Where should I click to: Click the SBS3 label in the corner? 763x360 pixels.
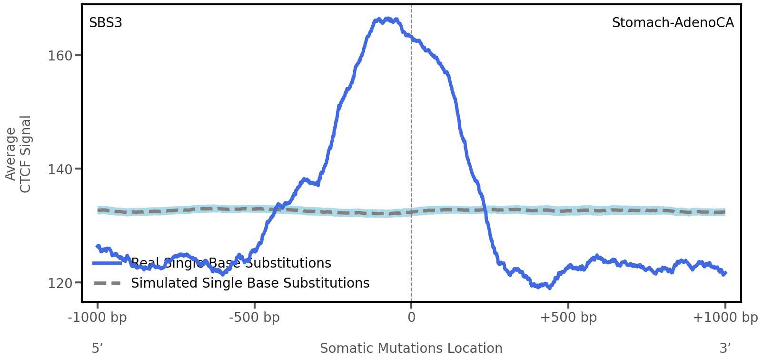(106, 23)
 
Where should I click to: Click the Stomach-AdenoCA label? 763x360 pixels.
(673, 23)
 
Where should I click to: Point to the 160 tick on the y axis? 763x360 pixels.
(60, 56)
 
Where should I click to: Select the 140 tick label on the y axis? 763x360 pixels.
(60, 170)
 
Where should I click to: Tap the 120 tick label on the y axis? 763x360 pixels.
(60, 283)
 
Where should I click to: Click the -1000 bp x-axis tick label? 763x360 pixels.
(98, 318)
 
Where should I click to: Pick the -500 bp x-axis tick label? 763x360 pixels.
(254, 318)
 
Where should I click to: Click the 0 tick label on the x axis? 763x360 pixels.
(411, 318)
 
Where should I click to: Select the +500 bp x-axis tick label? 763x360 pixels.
(568, 318)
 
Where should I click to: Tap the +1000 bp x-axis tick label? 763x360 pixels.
(725, 318)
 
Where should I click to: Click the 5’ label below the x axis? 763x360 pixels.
(98, 349)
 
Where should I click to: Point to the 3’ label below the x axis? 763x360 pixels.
(725, 349)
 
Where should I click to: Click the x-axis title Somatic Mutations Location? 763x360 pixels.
(411, 349)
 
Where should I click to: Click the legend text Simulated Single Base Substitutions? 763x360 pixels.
(250, 283)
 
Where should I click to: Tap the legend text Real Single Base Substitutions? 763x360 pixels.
(231, 263)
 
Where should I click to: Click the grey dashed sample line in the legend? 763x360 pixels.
(107, 283)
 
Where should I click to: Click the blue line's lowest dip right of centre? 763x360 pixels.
(549, 287)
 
